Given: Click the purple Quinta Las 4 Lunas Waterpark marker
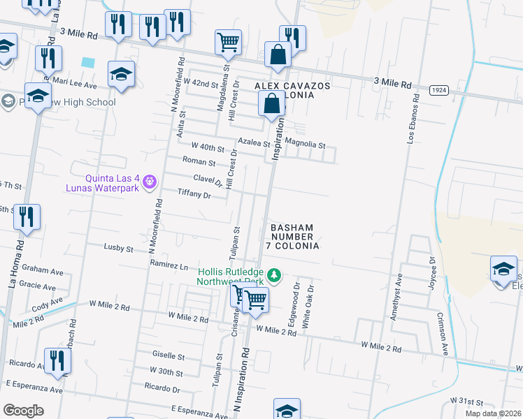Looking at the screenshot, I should tap(149, 183).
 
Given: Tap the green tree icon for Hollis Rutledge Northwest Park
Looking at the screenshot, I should tap(275, 276).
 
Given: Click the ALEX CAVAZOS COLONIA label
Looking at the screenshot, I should tap(292, 91).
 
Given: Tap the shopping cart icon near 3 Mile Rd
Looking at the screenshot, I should tap(228, 43).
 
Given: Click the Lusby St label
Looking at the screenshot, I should tap(118, 248).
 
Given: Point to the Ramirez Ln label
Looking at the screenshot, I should tap(169, 265).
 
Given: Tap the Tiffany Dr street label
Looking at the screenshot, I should tap(194, 195).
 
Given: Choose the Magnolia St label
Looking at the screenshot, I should tap(305, 145).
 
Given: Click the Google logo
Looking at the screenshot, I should tap(24, 411).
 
